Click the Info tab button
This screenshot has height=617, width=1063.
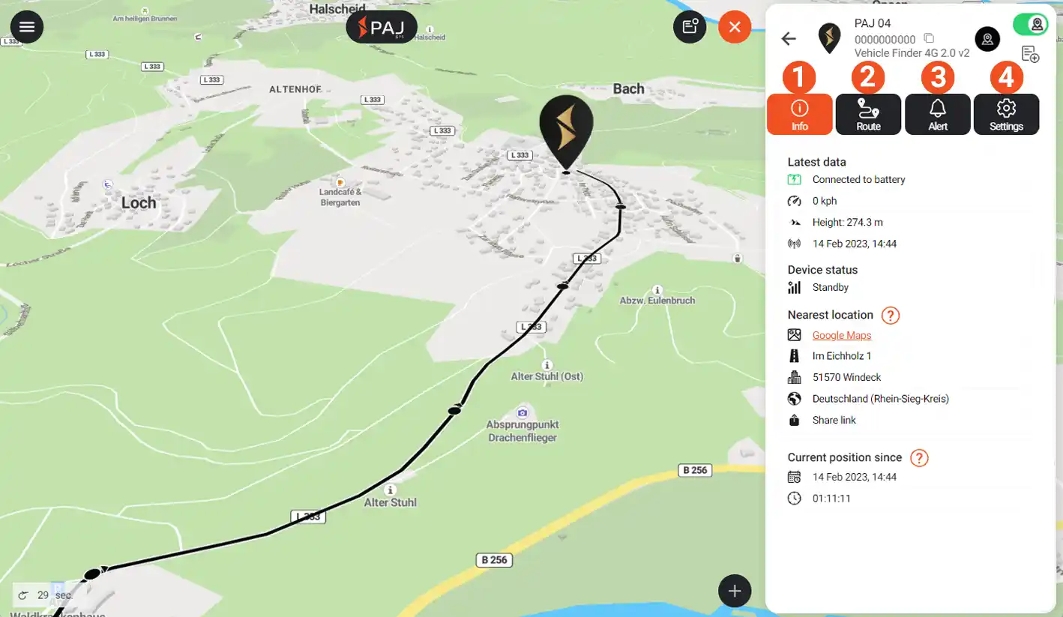[799, 115]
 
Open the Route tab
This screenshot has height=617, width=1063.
[868, 115]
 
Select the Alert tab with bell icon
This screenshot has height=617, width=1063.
[937, 115]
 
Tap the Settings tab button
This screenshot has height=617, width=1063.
[1006, 115]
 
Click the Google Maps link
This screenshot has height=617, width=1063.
[841, 335]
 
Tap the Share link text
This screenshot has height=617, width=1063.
[834, 420]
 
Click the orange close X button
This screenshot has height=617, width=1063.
[735, 27]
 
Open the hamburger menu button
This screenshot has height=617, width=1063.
[27, 27]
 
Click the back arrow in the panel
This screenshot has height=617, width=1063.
[789, 39]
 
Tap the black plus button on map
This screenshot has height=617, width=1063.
[735, 591]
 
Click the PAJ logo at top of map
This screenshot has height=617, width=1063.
[382, 27]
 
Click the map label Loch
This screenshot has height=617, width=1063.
[139, 202]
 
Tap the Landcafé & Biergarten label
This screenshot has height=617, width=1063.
[340, 196]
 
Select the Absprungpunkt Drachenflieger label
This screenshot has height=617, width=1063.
[523, 430]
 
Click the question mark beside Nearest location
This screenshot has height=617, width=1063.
[890, 316]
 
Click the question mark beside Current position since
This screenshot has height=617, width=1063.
[919, 458]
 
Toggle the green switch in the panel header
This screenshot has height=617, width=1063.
[1030, 25]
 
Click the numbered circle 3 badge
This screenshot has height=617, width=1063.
[938, 77]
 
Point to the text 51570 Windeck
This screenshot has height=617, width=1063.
[846, 377]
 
